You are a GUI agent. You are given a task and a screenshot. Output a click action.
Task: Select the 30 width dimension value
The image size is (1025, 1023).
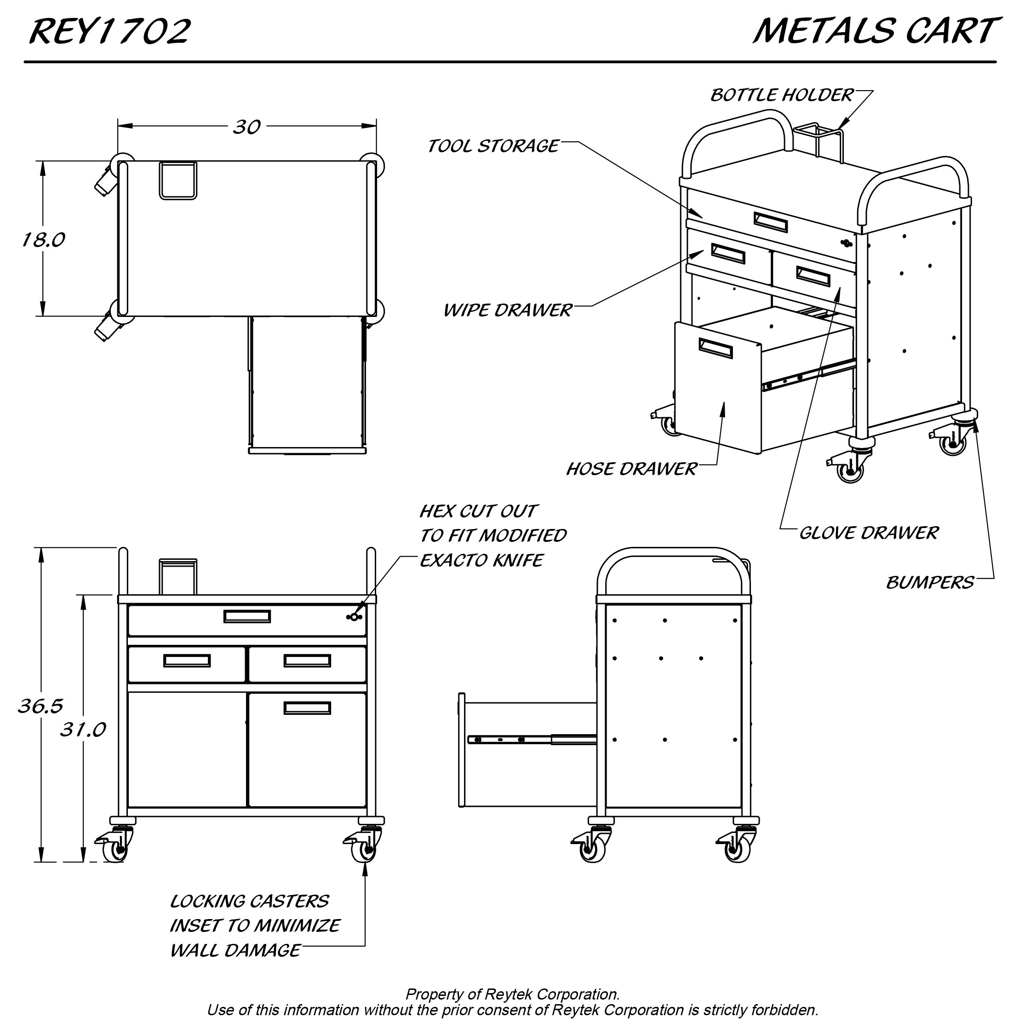coord(246,127)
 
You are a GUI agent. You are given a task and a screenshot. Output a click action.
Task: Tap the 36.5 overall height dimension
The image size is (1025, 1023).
coord(40,706)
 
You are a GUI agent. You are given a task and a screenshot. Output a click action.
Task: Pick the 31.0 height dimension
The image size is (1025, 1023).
coord(83,730)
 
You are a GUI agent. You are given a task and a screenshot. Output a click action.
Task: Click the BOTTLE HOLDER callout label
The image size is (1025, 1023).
coord(781,96)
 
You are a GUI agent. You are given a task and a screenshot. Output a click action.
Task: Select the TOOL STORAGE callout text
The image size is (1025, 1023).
coord(493,146)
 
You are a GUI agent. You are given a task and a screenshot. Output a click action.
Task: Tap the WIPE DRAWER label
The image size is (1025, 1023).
coord(507,310)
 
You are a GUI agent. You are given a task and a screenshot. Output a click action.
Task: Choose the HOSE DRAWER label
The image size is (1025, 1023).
coord(631,469)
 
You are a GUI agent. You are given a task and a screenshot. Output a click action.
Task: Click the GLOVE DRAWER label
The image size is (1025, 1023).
coord(869,533)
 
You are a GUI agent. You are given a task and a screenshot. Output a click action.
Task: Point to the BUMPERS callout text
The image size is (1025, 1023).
coord(929,583)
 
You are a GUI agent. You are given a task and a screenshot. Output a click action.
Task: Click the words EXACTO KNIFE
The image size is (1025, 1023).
coord(481,560)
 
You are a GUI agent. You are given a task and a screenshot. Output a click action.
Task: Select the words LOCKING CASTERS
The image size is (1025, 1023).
coord(249,902)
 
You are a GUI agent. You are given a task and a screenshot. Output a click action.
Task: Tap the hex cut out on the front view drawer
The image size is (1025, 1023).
coord(354,617)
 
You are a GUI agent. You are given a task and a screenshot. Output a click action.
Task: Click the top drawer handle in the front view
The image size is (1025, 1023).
coord(247,616)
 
